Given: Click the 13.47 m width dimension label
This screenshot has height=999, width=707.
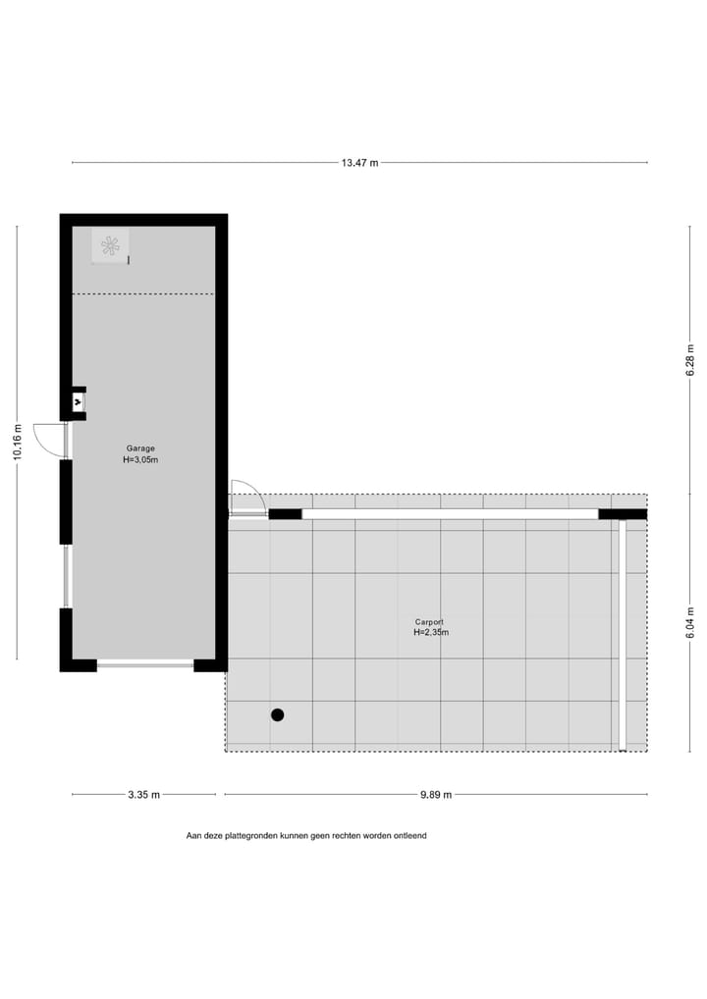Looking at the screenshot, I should point(359,163).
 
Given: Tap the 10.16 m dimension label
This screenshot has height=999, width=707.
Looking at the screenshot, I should point(17,443).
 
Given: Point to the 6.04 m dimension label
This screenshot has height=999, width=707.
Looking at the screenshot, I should point(690,623).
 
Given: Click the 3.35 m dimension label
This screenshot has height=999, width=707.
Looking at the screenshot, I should point(143,795).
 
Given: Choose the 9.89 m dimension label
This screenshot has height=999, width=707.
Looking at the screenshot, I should point(435,795).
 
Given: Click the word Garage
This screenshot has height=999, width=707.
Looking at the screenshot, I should point(140,448).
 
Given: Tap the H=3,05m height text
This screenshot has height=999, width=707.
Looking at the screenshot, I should point(140,459).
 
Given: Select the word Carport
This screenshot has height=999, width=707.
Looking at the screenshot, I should point(430,622).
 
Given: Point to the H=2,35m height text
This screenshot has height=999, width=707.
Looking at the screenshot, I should point(430,633).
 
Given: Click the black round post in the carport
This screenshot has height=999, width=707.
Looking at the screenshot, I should point(278,714).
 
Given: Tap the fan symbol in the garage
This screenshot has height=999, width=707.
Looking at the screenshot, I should point(110,245).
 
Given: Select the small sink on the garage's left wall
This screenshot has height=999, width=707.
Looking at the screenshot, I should point(79,401).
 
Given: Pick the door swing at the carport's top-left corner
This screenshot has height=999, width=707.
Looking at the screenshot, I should point(245,496).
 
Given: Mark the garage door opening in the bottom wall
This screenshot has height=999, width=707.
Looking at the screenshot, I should point(145,665).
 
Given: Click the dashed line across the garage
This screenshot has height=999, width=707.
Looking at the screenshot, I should point(143,293).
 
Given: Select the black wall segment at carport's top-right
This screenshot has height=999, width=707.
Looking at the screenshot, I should point(623,513).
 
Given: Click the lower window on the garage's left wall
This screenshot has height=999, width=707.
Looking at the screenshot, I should point(66,576).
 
